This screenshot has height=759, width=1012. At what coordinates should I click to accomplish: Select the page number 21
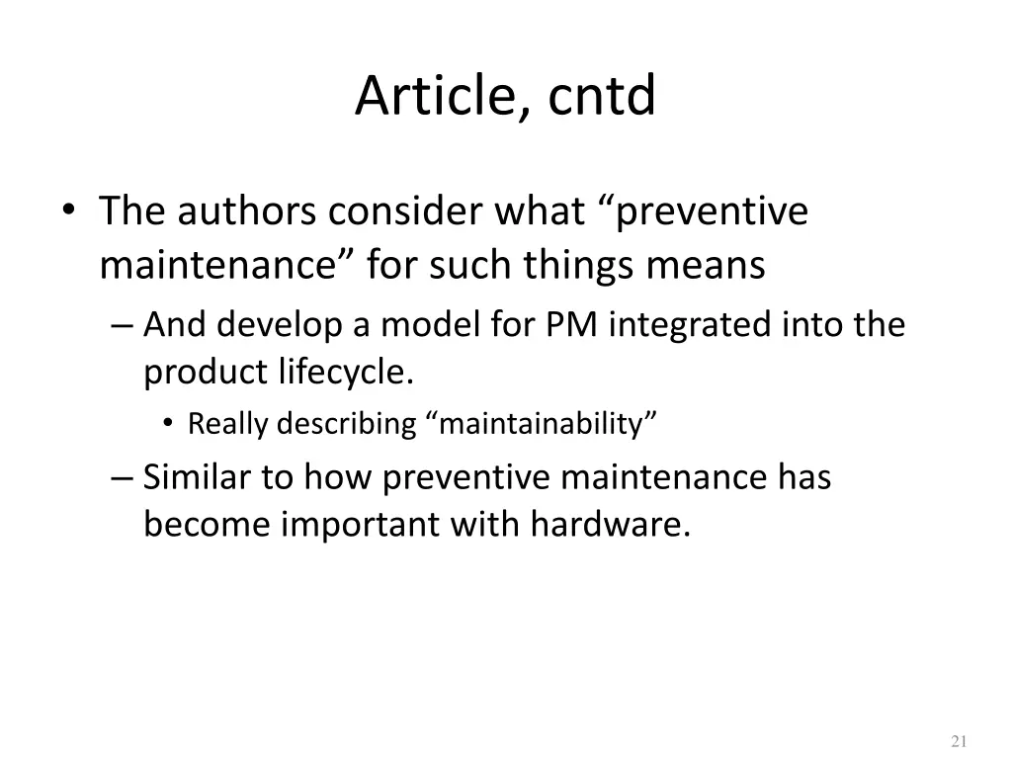point(958,742)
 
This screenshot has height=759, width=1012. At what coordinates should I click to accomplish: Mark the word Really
point(229,424)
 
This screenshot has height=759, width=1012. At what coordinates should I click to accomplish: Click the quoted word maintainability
point(543,424)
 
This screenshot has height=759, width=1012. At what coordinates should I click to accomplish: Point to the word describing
point(347,424)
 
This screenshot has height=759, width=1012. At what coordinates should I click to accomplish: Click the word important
point(361,525)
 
